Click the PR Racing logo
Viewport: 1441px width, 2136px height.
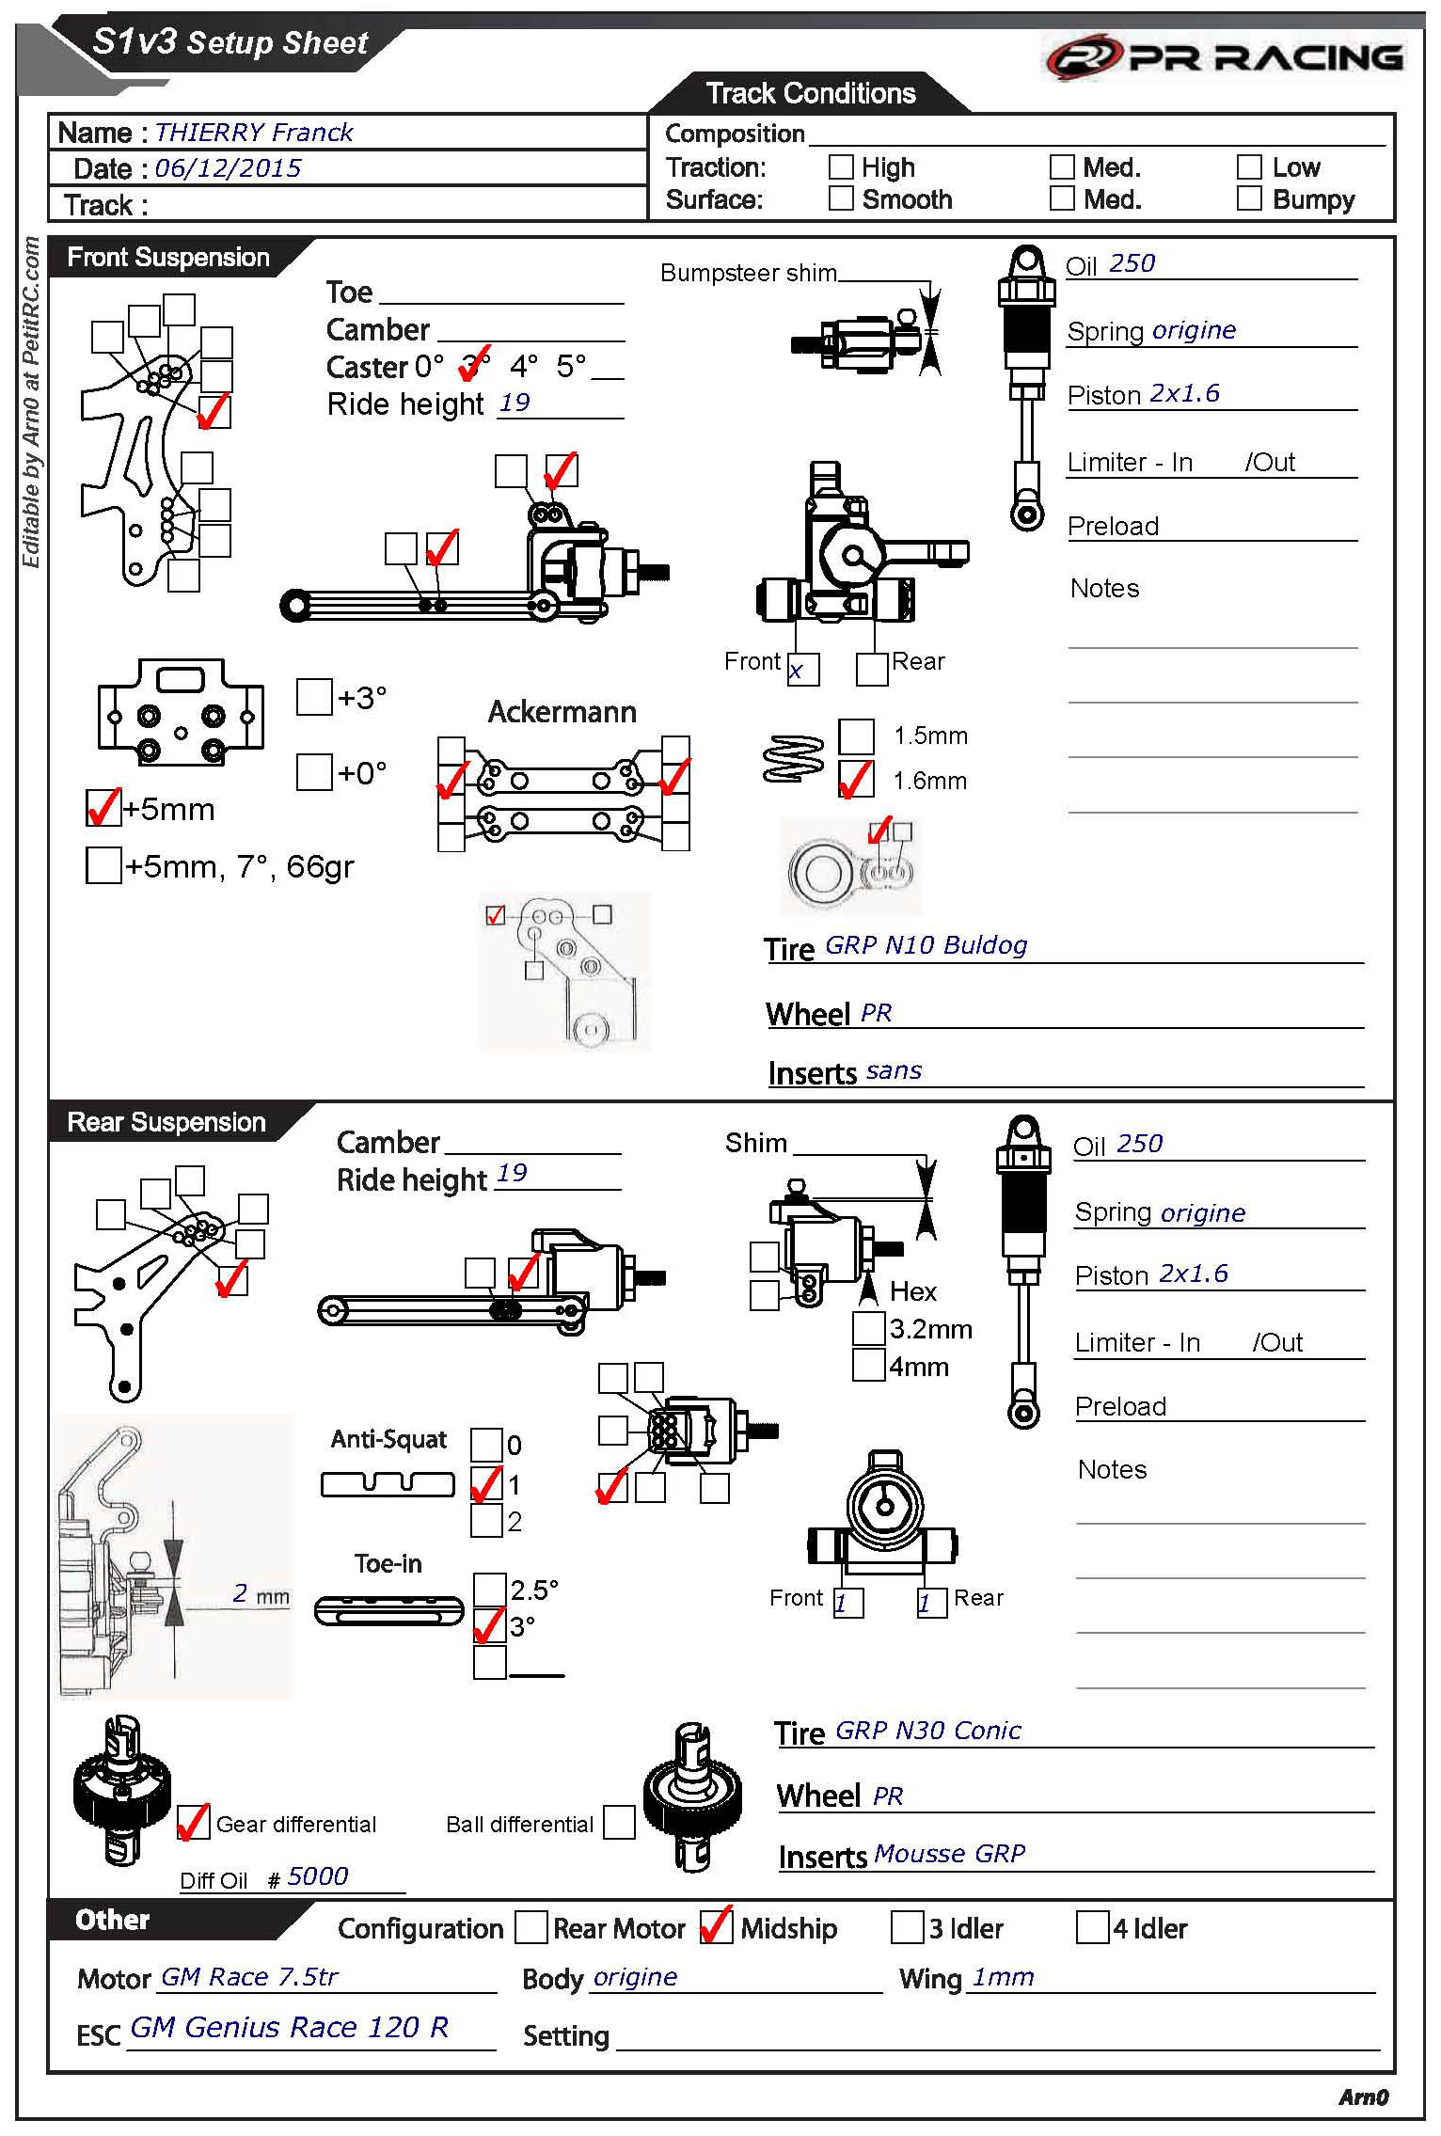pos(1224,58)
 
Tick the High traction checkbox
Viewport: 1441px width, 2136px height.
pos(840,167)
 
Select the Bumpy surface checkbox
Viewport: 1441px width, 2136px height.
pos(1249,198)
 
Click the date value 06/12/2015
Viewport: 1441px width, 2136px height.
pos(228,168)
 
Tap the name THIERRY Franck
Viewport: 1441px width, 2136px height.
pos(253,133)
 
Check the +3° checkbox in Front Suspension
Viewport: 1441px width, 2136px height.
pos(314,697)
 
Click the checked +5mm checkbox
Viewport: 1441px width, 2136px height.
pos(103,808)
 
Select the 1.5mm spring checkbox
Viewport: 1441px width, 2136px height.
pos(855,736)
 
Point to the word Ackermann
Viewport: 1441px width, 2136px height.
pos(562,712)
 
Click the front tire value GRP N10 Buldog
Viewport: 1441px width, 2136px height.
pos(926,945)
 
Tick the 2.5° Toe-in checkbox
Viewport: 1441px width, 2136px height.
pos(489,1590)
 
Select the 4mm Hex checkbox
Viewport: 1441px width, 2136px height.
pos(868,1365)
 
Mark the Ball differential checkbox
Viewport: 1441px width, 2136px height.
pos(619,1823)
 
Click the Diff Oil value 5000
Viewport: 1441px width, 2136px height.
pos(318,1876)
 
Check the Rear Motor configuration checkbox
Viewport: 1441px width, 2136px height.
pos(531,1927)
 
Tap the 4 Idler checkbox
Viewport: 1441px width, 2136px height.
pos(1092,1927)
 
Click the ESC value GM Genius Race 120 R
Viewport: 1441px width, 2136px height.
pos(289,2027)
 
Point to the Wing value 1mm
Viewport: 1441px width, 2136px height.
pos(1003,1977)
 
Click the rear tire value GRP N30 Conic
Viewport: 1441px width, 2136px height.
pos(927,1731)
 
